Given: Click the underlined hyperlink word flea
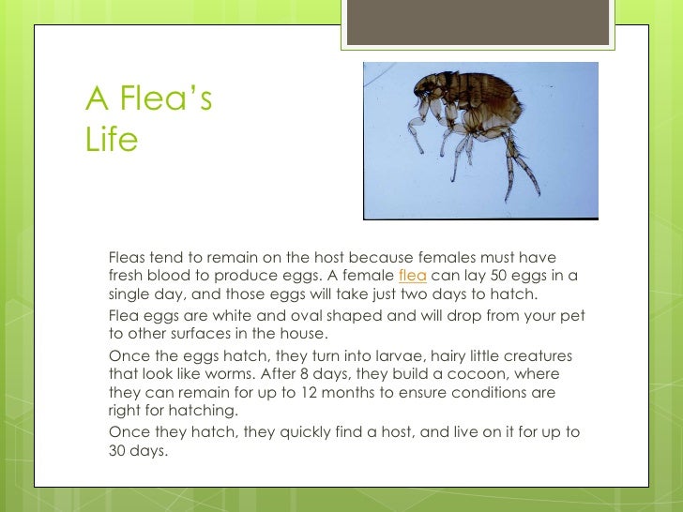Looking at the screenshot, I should (x=413, y=275).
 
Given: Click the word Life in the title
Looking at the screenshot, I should (x=112, y=140).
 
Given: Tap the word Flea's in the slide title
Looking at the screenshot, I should (x=165, y=98).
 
